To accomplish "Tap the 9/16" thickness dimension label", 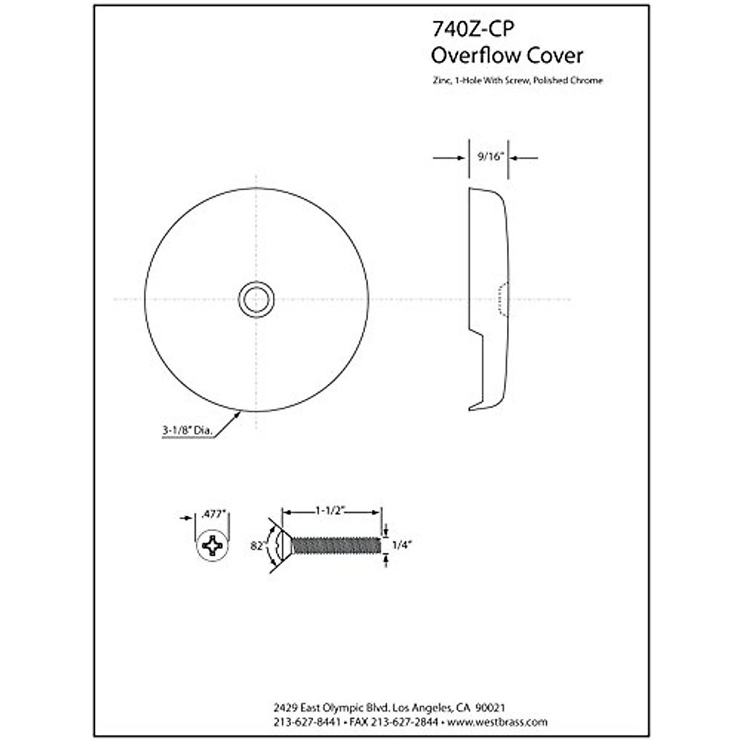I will click(x=491, y=157).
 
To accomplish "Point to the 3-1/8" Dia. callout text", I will click(x=188, y=431).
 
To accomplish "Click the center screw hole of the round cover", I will click(x=256, y=300).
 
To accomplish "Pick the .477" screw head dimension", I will click(x=214, y=513).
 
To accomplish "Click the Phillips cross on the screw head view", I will click(x=213, y=545).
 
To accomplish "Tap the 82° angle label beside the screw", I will click(x=257, y=546).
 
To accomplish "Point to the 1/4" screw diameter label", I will click(x=402, y=545).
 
